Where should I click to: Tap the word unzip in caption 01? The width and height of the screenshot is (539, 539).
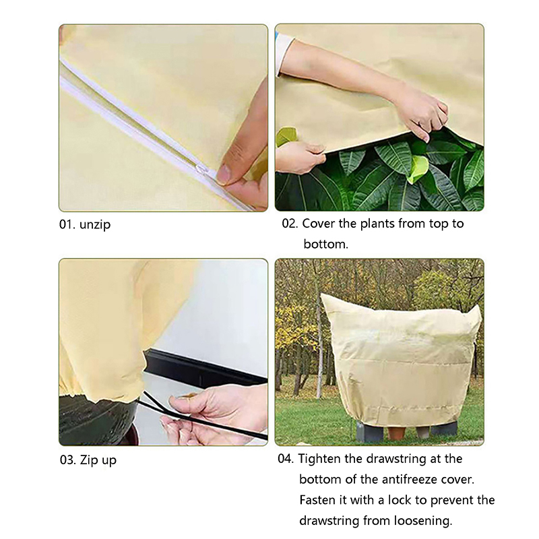(95, 225)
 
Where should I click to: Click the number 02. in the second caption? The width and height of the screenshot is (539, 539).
(290, 224)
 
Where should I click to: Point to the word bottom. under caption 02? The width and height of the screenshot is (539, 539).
(326, 244)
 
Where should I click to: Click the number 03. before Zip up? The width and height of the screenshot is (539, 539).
(68, 460)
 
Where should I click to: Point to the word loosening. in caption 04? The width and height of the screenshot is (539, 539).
(423, 521)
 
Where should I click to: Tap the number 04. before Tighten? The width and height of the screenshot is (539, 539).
(286, 459)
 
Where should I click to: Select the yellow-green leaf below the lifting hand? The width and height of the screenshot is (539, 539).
(418, 168)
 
